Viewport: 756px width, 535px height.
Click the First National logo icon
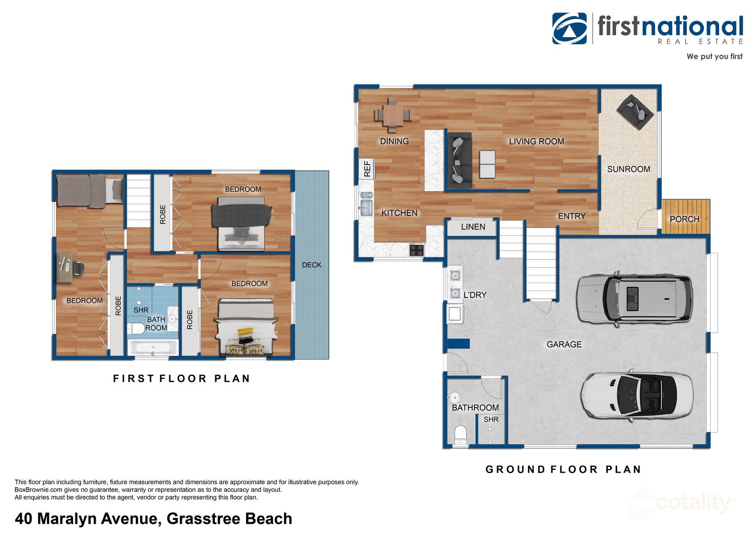click(x=569, y=28)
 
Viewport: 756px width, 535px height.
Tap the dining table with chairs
click(x=392, y=115)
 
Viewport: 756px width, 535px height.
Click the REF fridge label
click(x=367, y=169)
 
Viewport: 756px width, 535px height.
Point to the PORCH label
click(x=684, y=219)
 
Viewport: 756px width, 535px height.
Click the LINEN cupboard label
click(x=473, y=227)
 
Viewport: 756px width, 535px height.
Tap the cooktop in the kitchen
click(x=417, y=250)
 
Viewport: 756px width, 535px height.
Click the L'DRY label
click(x=475, y=295)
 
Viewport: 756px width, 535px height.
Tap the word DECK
click(x=311, y=265)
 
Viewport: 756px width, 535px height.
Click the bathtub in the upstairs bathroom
click(x=153, y=347)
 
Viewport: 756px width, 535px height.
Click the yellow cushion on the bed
click(x=245, y=332)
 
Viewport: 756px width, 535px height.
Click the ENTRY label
click(x=572, y=216)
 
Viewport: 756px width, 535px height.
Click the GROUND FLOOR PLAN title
click(x=563, y=469)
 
